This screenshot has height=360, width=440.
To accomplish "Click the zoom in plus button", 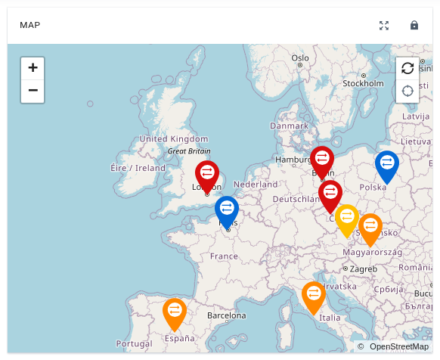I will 33,67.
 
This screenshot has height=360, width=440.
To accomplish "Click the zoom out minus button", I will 33,91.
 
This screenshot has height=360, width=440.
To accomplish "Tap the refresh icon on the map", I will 407,68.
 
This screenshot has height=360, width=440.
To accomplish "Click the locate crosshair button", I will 407,91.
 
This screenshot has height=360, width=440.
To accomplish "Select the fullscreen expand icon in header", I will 384,25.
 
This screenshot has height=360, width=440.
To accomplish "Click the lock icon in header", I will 414,25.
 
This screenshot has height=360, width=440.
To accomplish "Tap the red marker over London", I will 206,174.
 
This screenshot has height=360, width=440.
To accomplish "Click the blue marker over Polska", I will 386,164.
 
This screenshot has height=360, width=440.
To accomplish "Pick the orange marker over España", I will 175,312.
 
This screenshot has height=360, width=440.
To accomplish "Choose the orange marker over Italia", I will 313,294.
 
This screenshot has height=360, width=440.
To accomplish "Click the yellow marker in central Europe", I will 347,218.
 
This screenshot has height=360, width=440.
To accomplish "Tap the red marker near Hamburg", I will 322,160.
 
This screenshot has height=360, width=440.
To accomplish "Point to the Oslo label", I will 300,57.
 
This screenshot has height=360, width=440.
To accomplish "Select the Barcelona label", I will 226,315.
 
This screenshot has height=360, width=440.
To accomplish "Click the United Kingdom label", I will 173,139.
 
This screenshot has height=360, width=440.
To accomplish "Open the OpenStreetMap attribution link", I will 399,346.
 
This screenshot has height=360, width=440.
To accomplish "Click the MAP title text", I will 30,25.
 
